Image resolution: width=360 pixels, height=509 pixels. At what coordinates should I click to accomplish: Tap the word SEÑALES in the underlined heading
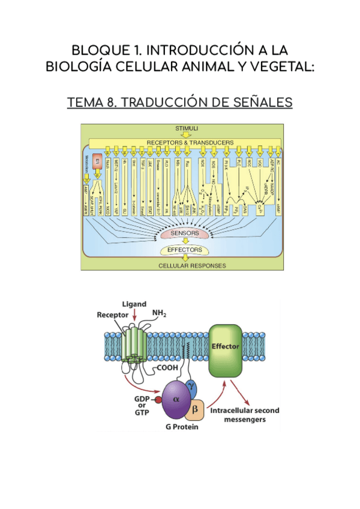[x=262, y=103]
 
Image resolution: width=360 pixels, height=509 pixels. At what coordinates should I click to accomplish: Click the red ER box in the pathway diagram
[x=95, y=163]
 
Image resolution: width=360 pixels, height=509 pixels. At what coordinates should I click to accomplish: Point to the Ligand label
[x=134, y=304]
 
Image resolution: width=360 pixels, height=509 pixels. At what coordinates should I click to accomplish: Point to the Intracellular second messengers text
[x=244, y=415]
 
